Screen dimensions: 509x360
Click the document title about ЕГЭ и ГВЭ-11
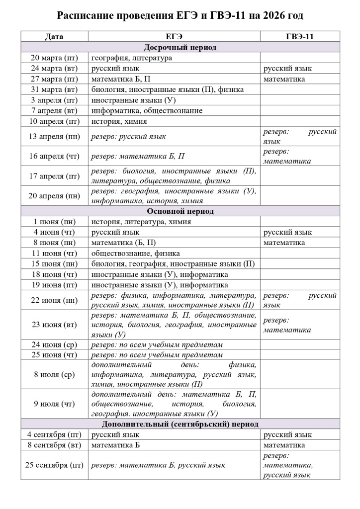point(180,16)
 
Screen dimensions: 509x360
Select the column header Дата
point(54,37)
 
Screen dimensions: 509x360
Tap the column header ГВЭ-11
point(300,37)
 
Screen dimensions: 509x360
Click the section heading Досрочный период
point(180,47)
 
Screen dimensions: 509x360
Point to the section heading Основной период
point(180,211)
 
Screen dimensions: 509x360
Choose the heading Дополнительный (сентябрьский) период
point(180,424)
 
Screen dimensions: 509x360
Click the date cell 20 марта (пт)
point(55,58)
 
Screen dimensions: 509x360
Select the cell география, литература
point(132,58)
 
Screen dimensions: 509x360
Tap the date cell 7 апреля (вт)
point(55,110)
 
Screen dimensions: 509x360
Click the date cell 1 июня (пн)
point(55,222)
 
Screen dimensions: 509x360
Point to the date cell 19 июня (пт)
point(55,285)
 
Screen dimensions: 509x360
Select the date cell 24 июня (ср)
point(55,344)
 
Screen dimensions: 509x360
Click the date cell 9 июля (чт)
point(55,404)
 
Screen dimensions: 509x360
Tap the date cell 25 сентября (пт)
point(55,465)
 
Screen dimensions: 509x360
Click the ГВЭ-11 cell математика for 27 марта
point(284,79)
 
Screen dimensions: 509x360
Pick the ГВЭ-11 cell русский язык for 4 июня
point(287,232)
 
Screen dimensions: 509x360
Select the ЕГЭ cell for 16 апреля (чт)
point(138,156)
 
